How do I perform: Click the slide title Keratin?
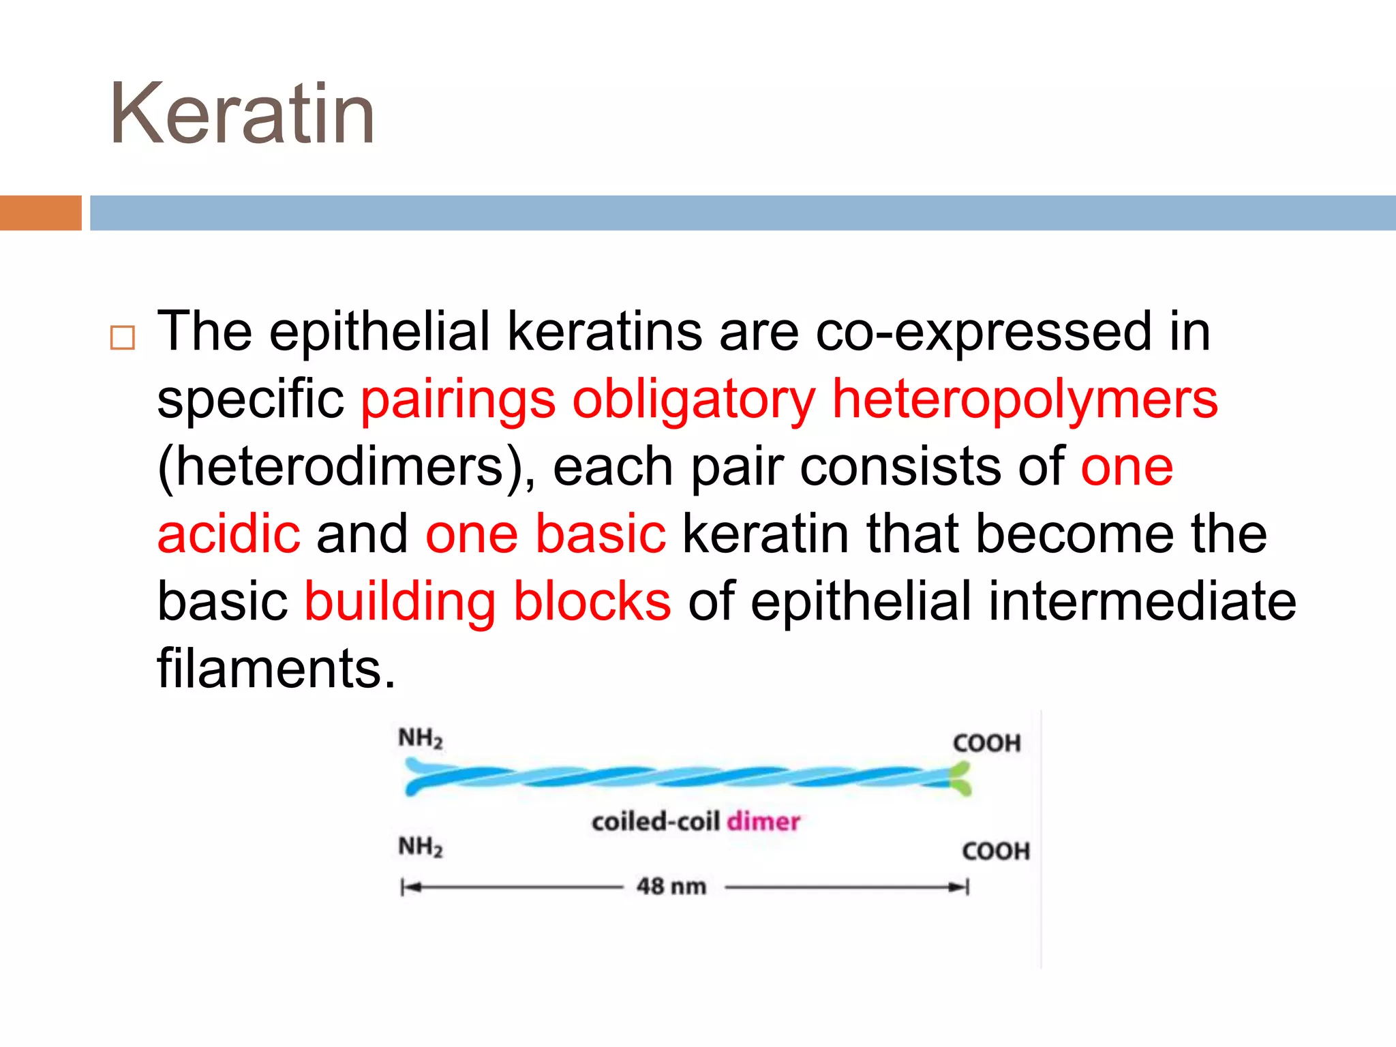(x=242, y=115)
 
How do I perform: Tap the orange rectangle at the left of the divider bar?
(x=40, y=213)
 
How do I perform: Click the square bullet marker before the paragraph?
(x=123, y=337)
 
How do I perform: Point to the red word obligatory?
(x=693, y=400)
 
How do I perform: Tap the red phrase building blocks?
(x=487, y=601)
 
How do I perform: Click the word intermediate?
(x=1142, y=601)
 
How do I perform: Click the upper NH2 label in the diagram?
(x=421, y=738)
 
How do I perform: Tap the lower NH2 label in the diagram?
(x=421, y=847)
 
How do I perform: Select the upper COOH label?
(x=986, y=743)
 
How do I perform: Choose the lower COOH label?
(x=995, y=851)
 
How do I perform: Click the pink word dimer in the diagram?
(x=763, y=821)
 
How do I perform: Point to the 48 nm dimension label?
(x=671, y=886)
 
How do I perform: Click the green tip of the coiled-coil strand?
(x=960, y=780)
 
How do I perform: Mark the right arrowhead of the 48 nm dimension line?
(x=959, y=887)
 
